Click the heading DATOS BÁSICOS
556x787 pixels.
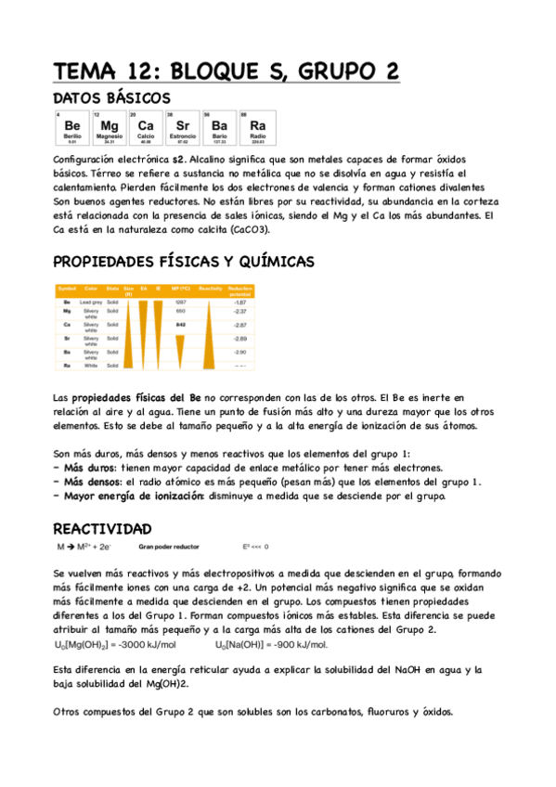(x=111, y=97)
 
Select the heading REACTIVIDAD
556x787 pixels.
(x=102, y=528)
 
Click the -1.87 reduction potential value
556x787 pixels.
(x=239, y=303)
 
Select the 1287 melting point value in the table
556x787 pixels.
(x=181, y=303)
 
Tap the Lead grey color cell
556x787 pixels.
(x=90, y=303)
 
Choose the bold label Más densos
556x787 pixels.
(x=93, y=482)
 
